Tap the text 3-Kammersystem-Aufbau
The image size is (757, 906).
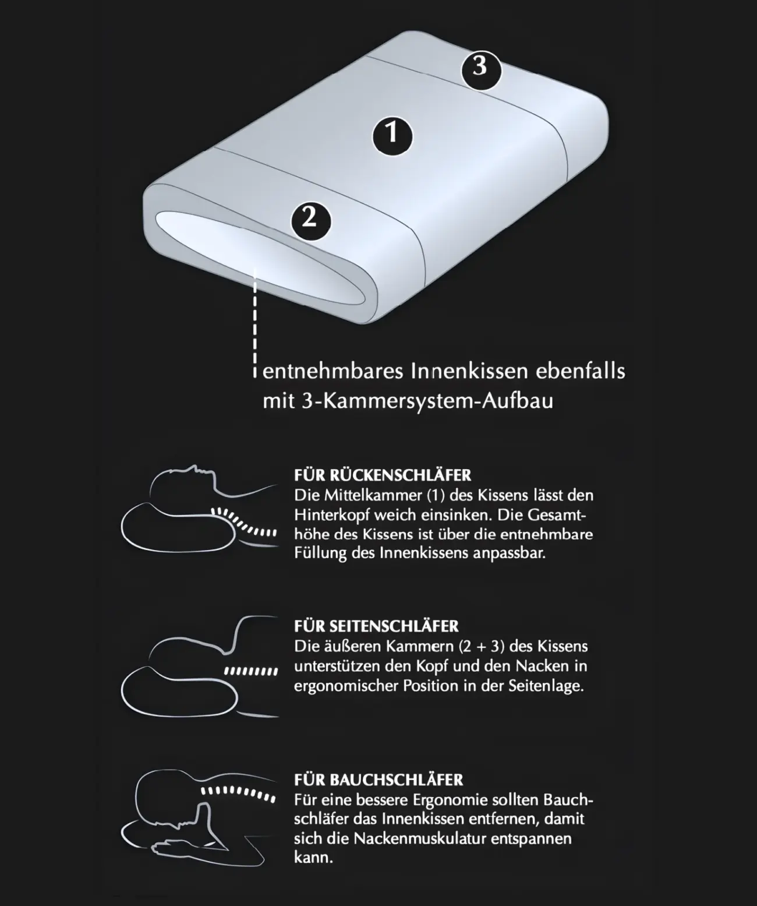click(426, 401)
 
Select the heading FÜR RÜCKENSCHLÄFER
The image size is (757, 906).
click(383, 475)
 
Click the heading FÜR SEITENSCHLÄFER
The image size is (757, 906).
click(376, 626)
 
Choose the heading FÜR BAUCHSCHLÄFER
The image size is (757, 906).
click(378, 780)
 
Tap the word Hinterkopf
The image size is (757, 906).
click(332, 515)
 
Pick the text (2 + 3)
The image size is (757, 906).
click(481, 647)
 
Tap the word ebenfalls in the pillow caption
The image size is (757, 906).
click(581, 372)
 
